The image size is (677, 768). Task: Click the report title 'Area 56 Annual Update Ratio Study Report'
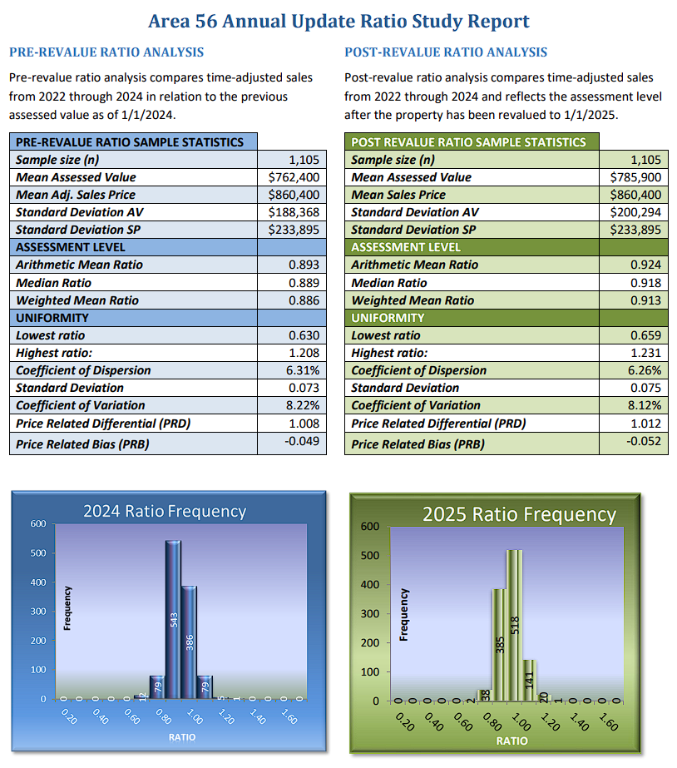coord(338,21)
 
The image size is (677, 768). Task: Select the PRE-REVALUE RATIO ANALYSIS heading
coord(106,52)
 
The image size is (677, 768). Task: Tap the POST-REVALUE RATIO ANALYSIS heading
coord(446,52)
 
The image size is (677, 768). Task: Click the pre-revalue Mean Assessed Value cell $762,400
coord(294,177)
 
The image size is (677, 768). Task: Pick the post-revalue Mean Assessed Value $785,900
coord(636,177)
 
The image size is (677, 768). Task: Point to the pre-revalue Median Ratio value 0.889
coord(304,283)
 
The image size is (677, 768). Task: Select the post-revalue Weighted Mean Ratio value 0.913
coord(645,300)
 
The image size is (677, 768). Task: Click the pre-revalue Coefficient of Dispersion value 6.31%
coord(302,370)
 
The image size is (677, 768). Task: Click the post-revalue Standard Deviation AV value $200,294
coord(636,212)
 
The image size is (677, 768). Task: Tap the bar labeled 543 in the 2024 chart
coord(173,619)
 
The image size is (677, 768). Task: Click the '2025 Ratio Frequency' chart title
coord(519,514)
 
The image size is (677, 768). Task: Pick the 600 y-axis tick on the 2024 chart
coord(38,523)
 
